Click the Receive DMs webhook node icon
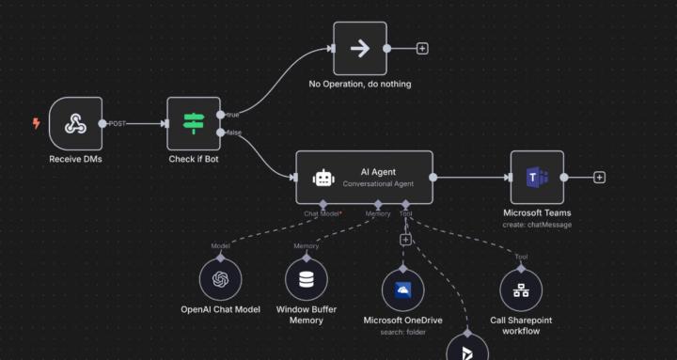[75, 123]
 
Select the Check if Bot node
[194, 123]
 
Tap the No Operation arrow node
[360, 48]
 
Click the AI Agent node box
[365, 177]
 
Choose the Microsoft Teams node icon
[537, 177]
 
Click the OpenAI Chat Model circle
[221, 279]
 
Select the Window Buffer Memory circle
[307, 279]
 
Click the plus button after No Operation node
[422, 48]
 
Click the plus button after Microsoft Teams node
[599, 177]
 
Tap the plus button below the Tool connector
[405, 240]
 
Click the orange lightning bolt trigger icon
[37, 123]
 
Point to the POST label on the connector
[118, 123]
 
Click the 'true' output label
[232, 115]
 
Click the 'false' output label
[233, 133]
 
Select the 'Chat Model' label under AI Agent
[322, 213]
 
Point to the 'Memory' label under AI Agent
[378, 213]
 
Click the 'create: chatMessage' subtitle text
[537, 225]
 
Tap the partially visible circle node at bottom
[466, 349]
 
